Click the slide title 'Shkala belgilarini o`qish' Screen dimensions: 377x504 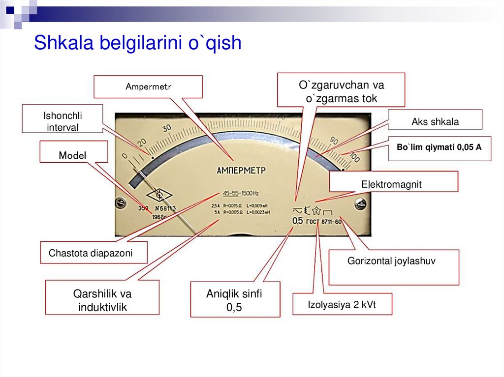(137, 43)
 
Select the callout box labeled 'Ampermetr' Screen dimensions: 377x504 (148, 87)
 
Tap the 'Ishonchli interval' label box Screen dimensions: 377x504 (63, 121)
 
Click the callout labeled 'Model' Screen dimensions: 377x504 (73, 155)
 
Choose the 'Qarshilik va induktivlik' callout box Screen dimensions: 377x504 (102, 300)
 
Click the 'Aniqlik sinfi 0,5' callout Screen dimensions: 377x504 (234, 300)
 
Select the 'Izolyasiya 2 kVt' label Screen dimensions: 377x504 (342, 304)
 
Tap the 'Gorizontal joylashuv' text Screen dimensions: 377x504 (391, 261)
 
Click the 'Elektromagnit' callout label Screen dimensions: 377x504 (392, 185)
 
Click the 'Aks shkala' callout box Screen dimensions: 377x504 (435, 122)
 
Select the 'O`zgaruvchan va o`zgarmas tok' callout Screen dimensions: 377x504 (341, 91)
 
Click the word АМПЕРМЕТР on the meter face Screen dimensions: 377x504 (241, 171)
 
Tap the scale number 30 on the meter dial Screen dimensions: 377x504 (166, 128)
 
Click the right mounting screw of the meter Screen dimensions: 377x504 (360, 203)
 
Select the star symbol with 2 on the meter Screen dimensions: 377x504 (317, 211)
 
